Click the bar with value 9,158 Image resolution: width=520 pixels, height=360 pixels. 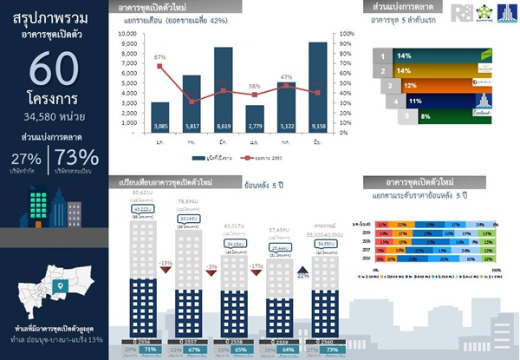[317, 87]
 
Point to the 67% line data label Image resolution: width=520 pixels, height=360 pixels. [159, 57]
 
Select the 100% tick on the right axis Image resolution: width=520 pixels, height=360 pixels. [345, 34]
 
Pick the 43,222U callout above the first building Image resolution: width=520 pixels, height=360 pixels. [144, 208]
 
